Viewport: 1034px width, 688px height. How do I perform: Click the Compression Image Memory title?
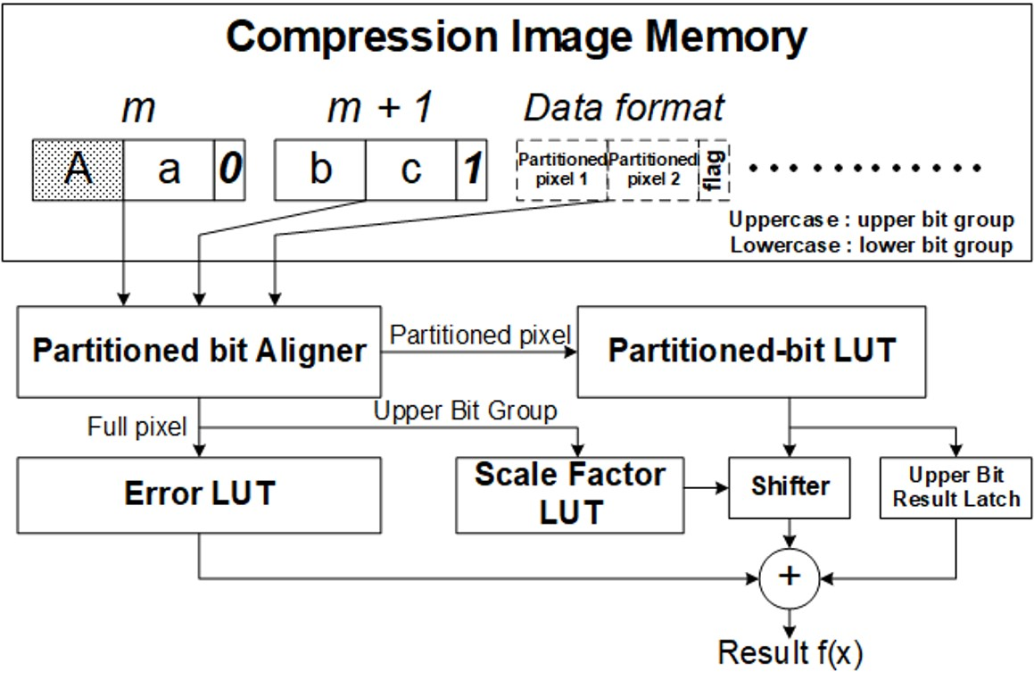tap(516, 37)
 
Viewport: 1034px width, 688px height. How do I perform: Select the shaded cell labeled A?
tap(78, 169)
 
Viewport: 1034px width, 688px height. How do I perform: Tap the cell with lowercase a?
tap(168, 169)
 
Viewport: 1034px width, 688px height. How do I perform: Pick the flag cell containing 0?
tap(228, 169)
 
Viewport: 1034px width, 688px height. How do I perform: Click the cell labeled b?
tap(319, 169)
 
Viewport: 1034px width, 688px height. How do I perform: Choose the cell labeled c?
tap(410, 169)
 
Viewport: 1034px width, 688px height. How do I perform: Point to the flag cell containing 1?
tap(471, 169)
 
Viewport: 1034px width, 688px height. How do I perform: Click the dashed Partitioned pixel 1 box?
tap(561, 169)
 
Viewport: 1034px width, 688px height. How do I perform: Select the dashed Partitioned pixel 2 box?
tap(652, 169)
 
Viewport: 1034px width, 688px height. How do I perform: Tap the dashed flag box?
tap(713, 169)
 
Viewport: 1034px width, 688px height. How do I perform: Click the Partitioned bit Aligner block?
tap(199, 352)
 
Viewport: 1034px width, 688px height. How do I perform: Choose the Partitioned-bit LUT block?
tap(750, 352)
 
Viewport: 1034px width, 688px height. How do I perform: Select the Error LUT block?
tap(199, 494)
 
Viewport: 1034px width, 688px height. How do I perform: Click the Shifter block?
tap(789, 487)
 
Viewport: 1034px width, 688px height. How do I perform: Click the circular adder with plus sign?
tap(789, 577)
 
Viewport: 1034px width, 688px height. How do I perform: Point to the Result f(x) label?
tap(790, 653)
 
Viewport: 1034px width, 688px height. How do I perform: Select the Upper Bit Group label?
tap(465, 411)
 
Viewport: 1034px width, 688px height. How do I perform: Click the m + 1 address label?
tap(380, 108)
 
